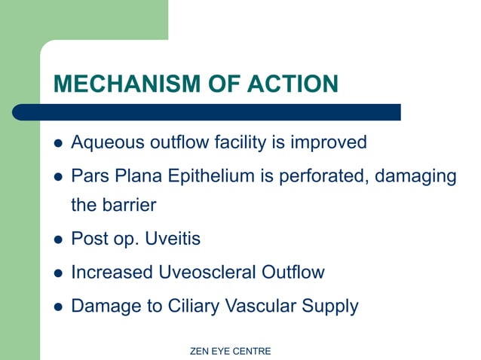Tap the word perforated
click(329, 176)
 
